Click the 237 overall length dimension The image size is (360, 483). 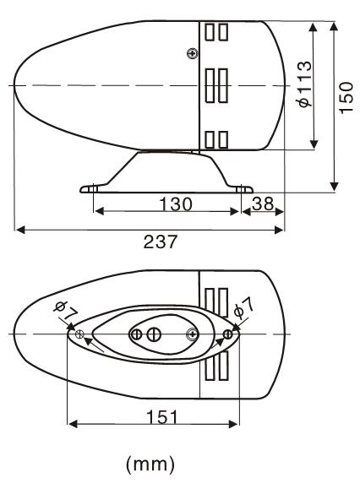[x=161, y=241]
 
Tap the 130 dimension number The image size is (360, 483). [x=176, y=204]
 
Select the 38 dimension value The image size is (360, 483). [x=263, y=204]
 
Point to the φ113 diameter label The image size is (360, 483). [x=305, y=84]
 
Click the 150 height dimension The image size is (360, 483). [x=346, y=98]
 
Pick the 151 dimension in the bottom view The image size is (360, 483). [x=162, y=417]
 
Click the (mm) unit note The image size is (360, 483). [x=150, y=464]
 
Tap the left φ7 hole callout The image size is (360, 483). [x=65, y=311]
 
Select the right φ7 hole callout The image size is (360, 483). [x=244, y=308]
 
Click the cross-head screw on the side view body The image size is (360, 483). [x=193, y=53]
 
